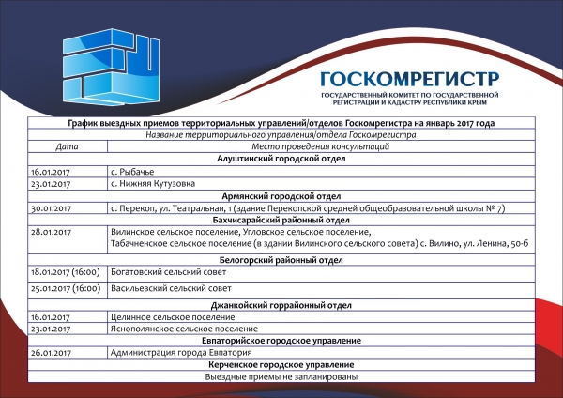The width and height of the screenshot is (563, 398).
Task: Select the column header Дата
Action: point(67,147)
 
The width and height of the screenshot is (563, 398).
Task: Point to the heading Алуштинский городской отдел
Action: point(282,160)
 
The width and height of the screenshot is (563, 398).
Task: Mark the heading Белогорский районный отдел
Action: point(282,256)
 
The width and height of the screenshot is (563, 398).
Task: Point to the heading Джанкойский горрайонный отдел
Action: point(282,305)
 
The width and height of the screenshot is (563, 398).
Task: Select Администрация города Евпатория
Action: point(175,353)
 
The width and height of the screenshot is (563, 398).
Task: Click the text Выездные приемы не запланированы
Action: point(282,376)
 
